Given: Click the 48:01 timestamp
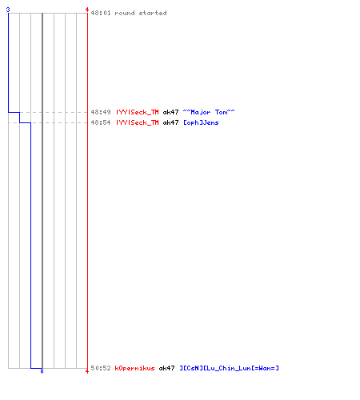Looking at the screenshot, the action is (101, 13).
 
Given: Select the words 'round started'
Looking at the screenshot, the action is (141, 13).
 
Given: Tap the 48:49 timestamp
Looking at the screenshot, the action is (101, 112).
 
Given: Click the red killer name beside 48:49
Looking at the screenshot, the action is (137, 112).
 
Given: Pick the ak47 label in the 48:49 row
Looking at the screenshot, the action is (170, 112).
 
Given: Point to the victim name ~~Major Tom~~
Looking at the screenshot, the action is (209, 112).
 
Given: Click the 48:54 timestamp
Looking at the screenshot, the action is (101, 122).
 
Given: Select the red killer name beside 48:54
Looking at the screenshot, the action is (137, 122).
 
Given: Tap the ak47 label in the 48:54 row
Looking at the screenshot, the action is (170, 122).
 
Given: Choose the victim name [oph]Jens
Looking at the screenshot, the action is (201, 122).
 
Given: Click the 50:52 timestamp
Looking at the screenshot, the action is (101, 368).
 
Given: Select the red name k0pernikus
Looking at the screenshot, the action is (134, 368).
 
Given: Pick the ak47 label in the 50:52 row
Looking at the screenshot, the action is (166, 368).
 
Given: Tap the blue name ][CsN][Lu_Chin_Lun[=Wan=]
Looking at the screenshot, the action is (229, 368).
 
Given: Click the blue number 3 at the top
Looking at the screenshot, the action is (8, 10).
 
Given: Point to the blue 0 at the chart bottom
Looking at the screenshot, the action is (42, 371).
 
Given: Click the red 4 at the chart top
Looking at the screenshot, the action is (87, 10).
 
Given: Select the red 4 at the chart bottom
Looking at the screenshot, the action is (87, 371).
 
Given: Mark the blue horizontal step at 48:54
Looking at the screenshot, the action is (25, 122).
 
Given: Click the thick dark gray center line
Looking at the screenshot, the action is (42, 190).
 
